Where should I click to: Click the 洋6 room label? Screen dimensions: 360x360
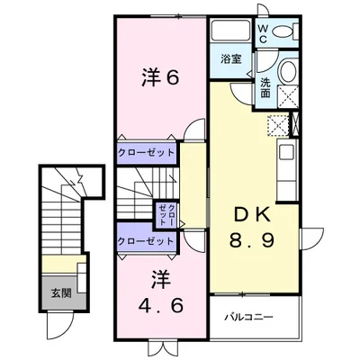pyautogui.click(x=161, y=79)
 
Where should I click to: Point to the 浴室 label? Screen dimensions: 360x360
pyautogui.click(x=231, y=60)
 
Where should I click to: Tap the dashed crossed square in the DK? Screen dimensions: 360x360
pyautogui.click(x=275, y=126)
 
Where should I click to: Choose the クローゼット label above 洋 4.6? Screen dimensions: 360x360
pyautogui.click(x=145, y=241)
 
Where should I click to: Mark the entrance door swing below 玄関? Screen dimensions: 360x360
pyautogui.click(x=60, y=319)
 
